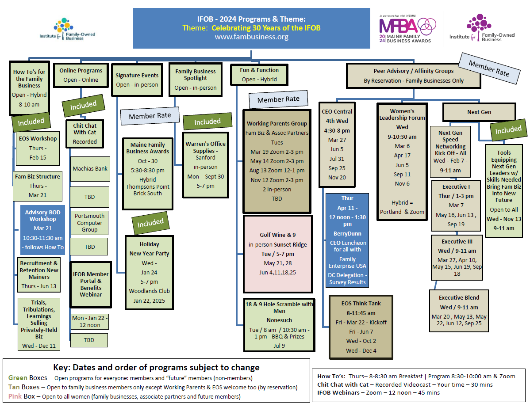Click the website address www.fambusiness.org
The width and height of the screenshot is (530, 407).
tap(251, 37)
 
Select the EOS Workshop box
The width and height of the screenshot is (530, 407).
tap(38, 148)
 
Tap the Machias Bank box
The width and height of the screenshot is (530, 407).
tap(90, 168)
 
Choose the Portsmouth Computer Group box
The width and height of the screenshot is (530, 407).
tap(90, 223)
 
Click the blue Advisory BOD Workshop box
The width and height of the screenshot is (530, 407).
tap(42, 229)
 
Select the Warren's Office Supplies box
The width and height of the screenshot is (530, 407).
tap(205, 164)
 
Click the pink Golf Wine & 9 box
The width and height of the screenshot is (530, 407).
tap(277, 254)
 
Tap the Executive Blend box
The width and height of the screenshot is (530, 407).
tap(459, 310)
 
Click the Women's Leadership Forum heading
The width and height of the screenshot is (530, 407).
tap(402, 114)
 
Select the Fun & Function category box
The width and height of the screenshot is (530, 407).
tap(259, 75)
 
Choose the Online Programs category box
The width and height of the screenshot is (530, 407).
tap(81, 75)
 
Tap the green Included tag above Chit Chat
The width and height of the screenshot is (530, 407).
tap(83, 105)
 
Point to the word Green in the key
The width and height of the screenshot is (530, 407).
tap(18, 378)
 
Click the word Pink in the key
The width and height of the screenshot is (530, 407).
tap(15, 396)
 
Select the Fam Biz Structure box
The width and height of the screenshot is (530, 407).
tap(38, 186)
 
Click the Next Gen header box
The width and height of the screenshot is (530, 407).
tap(479, 112)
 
